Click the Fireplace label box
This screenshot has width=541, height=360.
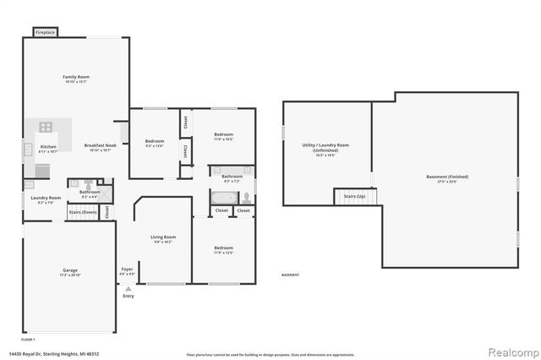click(x=46, y=32)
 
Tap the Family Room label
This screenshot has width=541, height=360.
click(x=76, y=79)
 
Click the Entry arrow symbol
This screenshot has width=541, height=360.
click(x=128, y=288)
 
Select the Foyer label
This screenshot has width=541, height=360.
click(x=127, y=273)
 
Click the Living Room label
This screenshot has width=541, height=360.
click(x=163, y=239)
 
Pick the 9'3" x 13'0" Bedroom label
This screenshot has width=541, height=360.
click(x=154, y=143)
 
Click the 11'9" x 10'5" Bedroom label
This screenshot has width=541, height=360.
click(x=223, y=137)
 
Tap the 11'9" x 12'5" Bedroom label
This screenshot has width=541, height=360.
click(x=223, y=249)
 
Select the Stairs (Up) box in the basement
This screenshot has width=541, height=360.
click(x=354, y=196)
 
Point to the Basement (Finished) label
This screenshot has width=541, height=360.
click(x=447, y=178)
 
